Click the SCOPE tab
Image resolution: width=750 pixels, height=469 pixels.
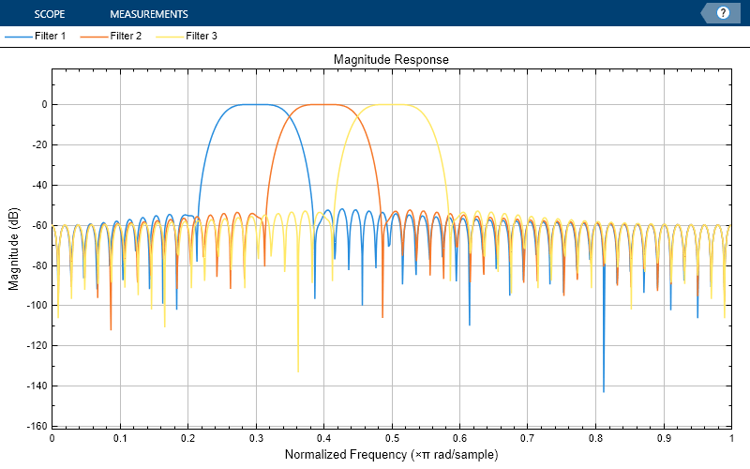(49, 14)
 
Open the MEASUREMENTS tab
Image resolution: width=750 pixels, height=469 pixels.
(148, 14)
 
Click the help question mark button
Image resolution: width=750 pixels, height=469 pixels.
(723, 13)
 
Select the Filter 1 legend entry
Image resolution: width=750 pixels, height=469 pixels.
(36, 37)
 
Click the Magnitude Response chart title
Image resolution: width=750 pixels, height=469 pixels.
(391, 59)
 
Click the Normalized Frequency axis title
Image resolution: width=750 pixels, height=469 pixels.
(391, 454)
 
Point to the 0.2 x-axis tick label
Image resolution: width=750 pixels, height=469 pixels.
(187, 438)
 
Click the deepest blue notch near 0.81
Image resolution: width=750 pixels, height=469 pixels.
(603, 390)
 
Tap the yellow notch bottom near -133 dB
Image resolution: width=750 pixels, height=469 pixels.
(298, 371)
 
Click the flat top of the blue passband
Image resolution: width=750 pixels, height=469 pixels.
(256, 104)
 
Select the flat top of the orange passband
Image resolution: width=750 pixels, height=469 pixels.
(323, 104)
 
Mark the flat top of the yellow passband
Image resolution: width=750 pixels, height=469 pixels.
(392, 104)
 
